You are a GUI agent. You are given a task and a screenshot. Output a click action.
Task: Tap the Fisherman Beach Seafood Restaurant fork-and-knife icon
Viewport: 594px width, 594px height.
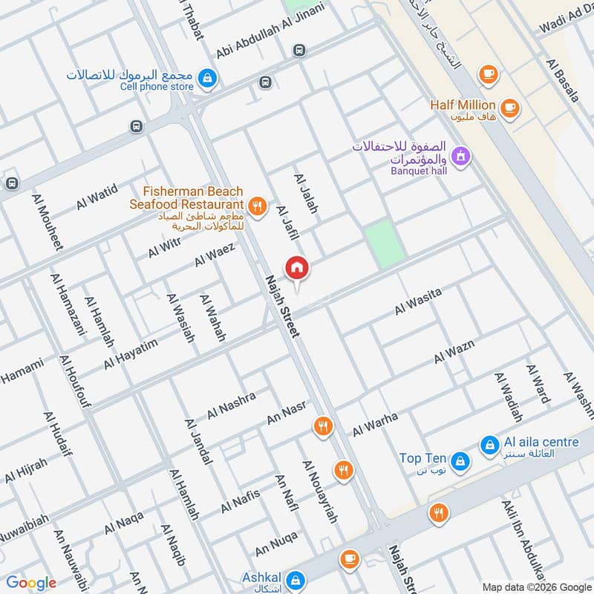[x=258, y=206]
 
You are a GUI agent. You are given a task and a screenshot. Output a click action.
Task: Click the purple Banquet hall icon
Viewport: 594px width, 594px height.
[x=461, y=156]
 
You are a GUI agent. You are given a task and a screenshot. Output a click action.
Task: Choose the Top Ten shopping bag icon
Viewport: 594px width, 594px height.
[x=460, y=461]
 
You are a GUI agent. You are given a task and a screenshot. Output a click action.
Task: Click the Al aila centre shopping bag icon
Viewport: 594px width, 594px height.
[x=489, y=445]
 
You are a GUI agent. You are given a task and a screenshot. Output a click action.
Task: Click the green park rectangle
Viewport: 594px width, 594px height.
[x=385, y=243]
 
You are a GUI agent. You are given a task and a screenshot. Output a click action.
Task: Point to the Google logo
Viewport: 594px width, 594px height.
[x=31, y=583]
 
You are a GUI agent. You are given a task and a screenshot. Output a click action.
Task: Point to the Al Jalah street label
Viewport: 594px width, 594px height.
[x=306, y=195]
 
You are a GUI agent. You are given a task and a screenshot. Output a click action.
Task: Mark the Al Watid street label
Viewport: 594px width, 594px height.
[x=97, y=198]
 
